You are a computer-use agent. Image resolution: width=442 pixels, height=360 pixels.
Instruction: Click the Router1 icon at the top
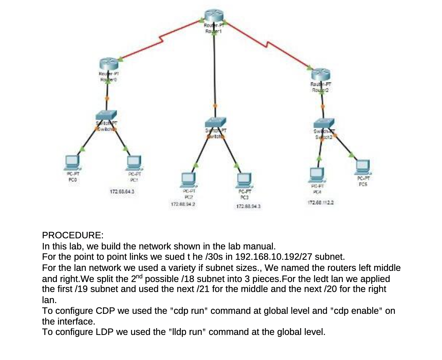(x=214, y=16)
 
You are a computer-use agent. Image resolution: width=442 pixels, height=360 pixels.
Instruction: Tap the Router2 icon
(x=320, y=74)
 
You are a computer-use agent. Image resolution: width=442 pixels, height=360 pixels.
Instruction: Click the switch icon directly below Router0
(x=106, y=115)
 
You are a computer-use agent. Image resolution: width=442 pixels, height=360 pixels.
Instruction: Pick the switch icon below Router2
(x=324, y=123)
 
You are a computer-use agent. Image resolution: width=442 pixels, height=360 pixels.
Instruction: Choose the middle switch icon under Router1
(x=215, y=122)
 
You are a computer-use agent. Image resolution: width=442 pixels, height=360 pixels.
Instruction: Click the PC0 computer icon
(x=73, y=163)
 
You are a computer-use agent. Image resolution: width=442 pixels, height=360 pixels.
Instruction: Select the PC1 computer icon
(x=134, y=163)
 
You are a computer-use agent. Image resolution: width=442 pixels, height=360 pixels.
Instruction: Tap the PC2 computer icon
(x=188, y=180)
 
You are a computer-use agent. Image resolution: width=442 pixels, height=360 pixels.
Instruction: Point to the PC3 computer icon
(x=244, y=181)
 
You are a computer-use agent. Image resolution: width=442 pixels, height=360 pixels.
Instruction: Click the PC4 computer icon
(x=316, y=175)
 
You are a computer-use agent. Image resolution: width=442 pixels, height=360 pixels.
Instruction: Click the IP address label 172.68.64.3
(x=122, y=192)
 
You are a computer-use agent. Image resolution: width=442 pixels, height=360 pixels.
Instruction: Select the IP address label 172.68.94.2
(x=183, y=204)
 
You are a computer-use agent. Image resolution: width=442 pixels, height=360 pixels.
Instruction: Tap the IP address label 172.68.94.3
(x=248, y=206)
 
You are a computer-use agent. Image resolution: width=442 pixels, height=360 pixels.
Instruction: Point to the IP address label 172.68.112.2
(x=320, y=203)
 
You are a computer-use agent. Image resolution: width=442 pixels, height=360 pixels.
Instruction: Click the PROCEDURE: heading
(x=73, y=235)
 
